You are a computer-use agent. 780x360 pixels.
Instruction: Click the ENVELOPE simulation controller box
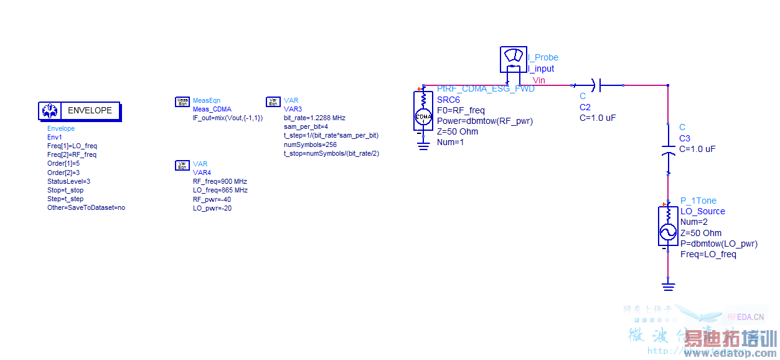coord(79,111)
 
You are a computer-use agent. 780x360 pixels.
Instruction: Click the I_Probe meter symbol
coord(514,60)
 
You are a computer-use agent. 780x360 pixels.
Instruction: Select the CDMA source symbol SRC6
coord(423,111)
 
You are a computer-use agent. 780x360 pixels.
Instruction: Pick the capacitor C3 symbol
coord(668,152)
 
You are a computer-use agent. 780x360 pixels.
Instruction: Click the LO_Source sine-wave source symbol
coord(667,227)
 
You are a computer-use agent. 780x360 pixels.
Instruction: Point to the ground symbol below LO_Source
coord(668,286)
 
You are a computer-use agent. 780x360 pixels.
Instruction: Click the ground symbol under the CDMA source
coord(423,146)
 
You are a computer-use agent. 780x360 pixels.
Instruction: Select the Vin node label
coord(538,80)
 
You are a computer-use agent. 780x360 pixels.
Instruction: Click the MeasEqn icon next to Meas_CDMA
coord(182,102)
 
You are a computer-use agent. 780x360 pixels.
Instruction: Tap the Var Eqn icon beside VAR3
coord(273,102)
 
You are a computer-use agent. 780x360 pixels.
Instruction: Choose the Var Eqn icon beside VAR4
coord(182,165)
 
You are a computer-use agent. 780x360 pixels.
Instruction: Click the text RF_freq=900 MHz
coord(220,181)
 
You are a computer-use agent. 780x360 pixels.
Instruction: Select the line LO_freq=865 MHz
coord(220,190)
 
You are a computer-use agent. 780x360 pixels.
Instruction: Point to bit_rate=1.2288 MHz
coord(314,118)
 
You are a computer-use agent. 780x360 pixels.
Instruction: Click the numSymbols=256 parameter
coord(311,144)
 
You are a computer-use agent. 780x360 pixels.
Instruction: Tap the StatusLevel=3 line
coord(68,181)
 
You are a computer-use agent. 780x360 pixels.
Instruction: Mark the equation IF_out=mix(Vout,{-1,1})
coord(227,118)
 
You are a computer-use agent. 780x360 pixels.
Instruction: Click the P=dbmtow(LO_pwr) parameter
coord(719,244)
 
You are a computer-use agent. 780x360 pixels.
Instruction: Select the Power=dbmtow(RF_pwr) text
coord(485,121)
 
